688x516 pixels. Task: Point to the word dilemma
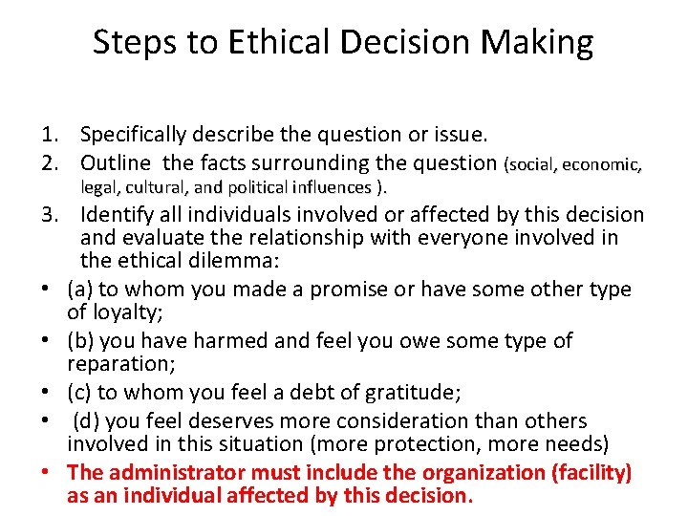234,260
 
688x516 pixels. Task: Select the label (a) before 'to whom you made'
80,289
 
